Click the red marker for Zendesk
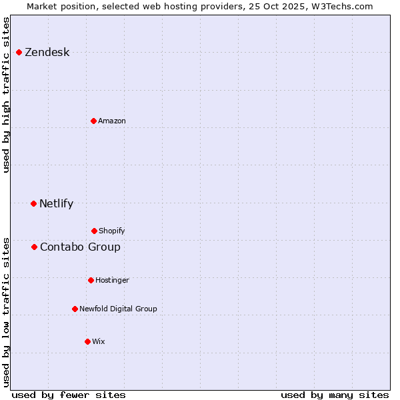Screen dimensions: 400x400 (x=19, y=52)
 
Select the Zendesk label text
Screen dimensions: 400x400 (x=47, y=53)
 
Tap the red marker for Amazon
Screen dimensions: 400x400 (x=93, y=121)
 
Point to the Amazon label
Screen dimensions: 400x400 (x=112, y=121)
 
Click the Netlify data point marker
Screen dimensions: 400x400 (x=33, y=203)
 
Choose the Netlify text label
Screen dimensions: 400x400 (x=56, y=204)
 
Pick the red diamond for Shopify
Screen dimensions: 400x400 (x=94, y=231)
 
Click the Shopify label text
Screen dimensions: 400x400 (x=112, y=231)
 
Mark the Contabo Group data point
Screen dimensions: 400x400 (x=34, y=247)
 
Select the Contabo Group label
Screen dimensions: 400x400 (x=80, y=247)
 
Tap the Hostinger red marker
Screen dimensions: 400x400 (x=91, y=280)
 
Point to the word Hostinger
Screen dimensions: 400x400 (x=112, y=281)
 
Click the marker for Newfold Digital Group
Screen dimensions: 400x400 (x=75, y=309)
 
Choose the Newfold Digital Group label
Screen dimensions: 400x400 (x=118, y=309)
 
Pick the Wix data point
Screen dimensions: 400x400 (x=87, y=341)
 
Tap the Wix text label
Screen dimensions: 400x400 (x=99, y=342)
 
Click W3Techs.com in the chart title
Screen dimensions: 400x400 (x=341, y=6)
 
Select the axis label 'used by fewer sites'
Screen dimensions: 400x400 (x=69, y=395)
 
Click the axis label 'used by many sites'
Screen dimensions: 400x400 (x=335, y=395)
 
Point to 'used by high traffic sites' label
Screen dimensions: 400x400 (x=6, y=95)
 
